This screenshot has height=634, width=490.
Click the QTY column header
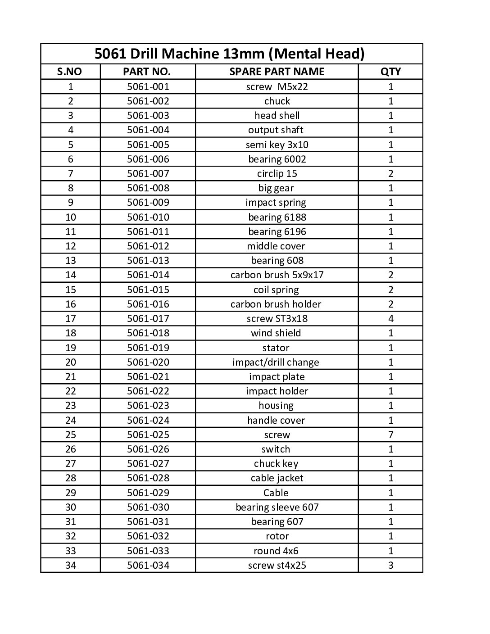coord(390,72)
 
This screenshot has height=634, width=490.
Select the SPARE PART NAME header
coord(277,72)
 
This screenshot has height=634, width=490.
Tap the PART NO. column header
coord(147,72)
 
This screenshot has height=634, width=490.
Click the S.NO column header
coord(70,72)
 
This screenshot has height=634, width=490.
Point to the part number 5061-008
coord(148,188)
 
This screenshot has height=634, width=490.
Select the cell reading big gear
coord(276,188)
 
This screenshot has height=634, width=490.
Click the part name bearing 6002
coord(277,159)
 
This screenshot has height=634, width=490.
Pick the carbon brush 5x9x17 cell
coord(277,275)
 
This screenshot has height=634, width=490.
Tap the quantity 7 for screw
coord(390,435)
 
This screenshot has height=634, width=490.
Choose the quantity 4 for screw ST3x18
coord(390,319)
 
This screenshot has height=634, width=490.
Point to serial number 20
coord(71,362)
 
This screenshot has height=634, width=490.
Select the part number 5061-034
coord(148,565)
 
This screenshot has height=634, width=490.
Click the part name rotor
coord(277,536)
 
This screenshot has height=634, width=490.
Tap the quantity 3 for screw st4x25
coord(390,565)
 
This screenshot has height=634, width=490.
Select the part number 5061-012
coord(148,246)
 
